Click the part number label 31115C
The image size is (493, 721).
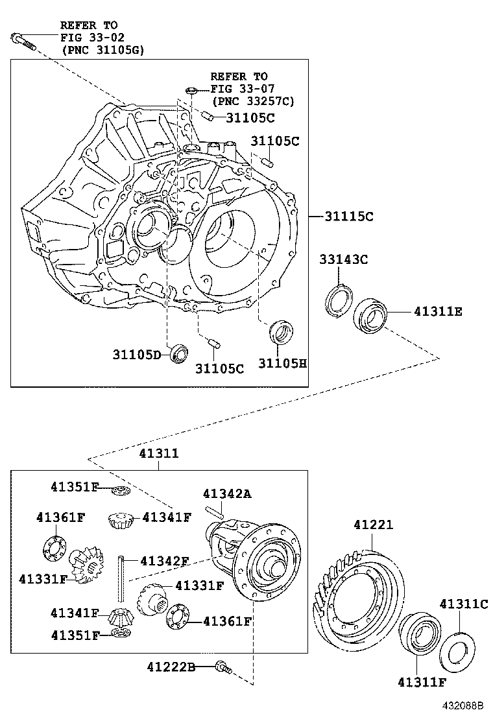tap(349, 217)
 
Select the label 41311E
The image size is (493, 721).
tap(438, 311)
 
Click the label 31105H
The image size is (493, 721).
tap(282, 364)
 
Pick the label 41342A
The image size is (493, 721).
tap(226, 494)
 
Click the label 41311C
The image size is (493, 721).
tap(463, 604)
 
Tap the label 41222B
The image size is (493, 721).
tap(171, 667)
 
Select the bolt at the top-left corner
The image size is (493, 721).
tap(22, 41)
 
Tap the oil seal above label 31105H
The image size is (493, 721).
tap(282, 333)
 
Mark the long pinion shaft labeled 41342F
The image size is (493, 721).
tap(121, 578)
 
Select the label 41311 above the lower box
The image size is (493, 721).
tap(158, 455)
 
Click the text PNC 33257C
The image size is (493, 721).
tap(253, 101)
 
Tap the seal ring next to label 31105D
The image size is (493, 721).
tap(179, 354)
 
